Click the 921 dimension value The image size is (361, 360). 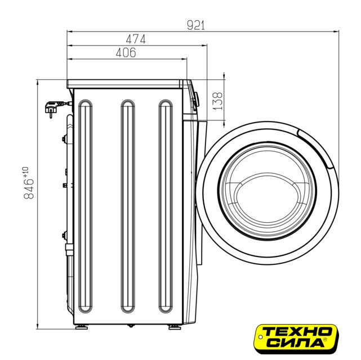[195, 25]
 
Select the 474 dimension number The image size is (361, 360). [136, 39]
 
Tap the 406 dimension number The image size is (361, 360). [126, 53]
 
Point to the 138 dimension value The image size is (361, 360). [217, 101]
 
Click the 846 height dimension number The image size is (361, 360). [29, 189]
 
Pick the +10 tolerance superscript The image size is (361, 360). [25, 172]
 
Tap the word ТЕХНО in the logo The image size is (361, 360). [297, 332]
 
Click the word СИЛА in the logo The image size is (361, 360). [297, 343]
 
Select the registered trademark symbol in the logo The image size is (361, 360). [325, 339]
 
